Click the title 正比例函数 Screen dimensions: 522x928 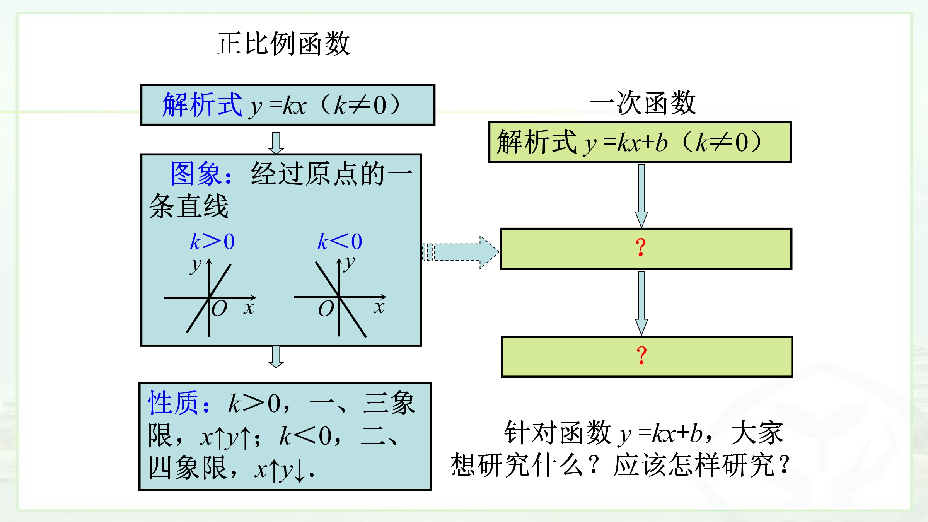pyautogui.click(x=283, y=44)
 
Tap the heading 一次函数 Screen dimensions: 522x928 pyautogui.click(x=643, y=103)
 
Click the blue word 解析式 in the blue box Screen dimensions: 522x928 pyautogui.click(x=202, y=105)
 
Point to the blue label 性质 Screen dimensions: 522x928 pyautogui.click(x=174, y=403)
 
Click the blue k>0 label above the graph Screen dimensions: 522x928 pyautogui.click(x=212, y=242)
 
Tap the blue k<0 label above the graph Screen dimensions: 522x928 pyautogui.click(x=340, y=242)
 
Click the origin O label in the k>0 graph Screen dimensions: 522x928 pyautogui.click(x=219, y=309)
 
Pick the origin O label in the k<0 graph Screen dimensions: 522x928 pyautogui.click(x=326, y=309)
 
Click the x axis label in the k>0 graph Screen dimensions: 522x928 pyautogui.click(x=249, y=308)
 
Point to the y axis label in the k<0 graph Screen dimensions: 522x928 pyautogui.click(x=349, y=263)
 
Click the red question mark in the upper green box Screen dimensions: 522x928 pyautogui.click(x=641, y=247)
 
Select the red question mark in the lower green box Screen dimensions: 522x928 pyautogui.click(x=641, y=355)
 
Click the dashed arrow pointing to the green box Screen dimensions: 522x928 pyautogui.click(x=460, y=252)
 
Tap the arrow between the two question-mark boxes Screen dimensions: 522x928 pyautogui.click(x=641, y=302)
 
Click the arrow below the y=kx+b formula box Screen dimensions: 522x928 pyautogui.click(x=641, y=195)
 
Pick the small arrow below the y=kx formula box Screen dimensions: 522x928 pyautogui.click(x=276, y=143)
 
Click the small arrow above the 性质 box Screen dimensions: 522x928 pyautogui.click(x=276, y=357)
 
